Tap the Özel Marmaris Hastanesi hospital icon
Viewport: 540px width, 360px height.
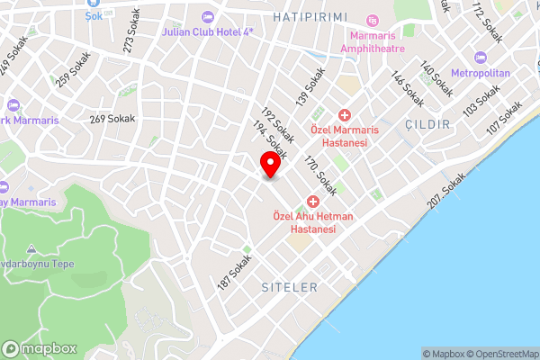click(x=344, y=114)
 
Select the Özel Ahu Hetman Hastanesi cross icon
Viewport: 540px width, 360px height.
click(x=313, y=201)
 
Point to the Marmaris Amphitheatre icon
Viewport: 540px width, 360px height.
click(x=373, y=20)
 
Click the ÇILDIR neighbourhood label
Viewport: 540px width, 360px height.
click(x=427, y=124)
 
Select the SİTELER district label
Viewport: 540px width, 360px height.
click(x=288, y=287)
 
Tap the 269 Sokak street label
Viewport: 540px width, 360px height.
click(x=112, y=118)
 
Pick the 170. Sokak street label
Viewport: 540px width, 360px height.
click(x=320, y=175)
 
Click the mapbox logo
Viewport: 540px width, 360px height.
click(x=37, y=348)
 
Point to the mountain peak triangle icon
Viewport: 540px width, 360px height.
click(x=31, y=247)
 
